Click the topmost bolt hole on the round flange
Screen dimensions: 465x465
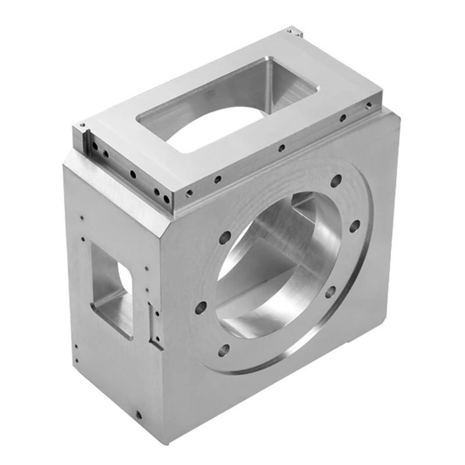(336, 181)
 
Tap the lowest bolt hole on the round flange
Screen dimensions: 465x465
(224, 350)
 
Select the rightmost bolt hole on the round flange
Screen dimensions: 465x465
(354, 226)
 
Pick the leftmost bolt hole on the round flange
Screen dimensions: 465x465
(201, 307)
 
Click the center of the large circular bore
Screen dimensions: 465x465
(278, 264)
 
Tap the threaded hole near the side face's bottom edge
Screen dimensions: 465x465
(138, 415)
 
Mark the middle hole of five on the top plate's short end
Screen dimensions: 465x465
(133, 173)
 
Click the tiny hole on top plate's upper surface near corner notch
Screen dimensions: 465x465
(83, 124)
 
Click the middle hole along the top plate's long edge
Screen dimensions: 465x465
(281, 148)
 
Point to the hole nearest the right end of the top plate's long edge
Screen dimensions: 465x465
(369, 105)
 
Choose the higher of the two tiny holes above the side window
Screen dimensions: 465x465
(81, 218)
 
